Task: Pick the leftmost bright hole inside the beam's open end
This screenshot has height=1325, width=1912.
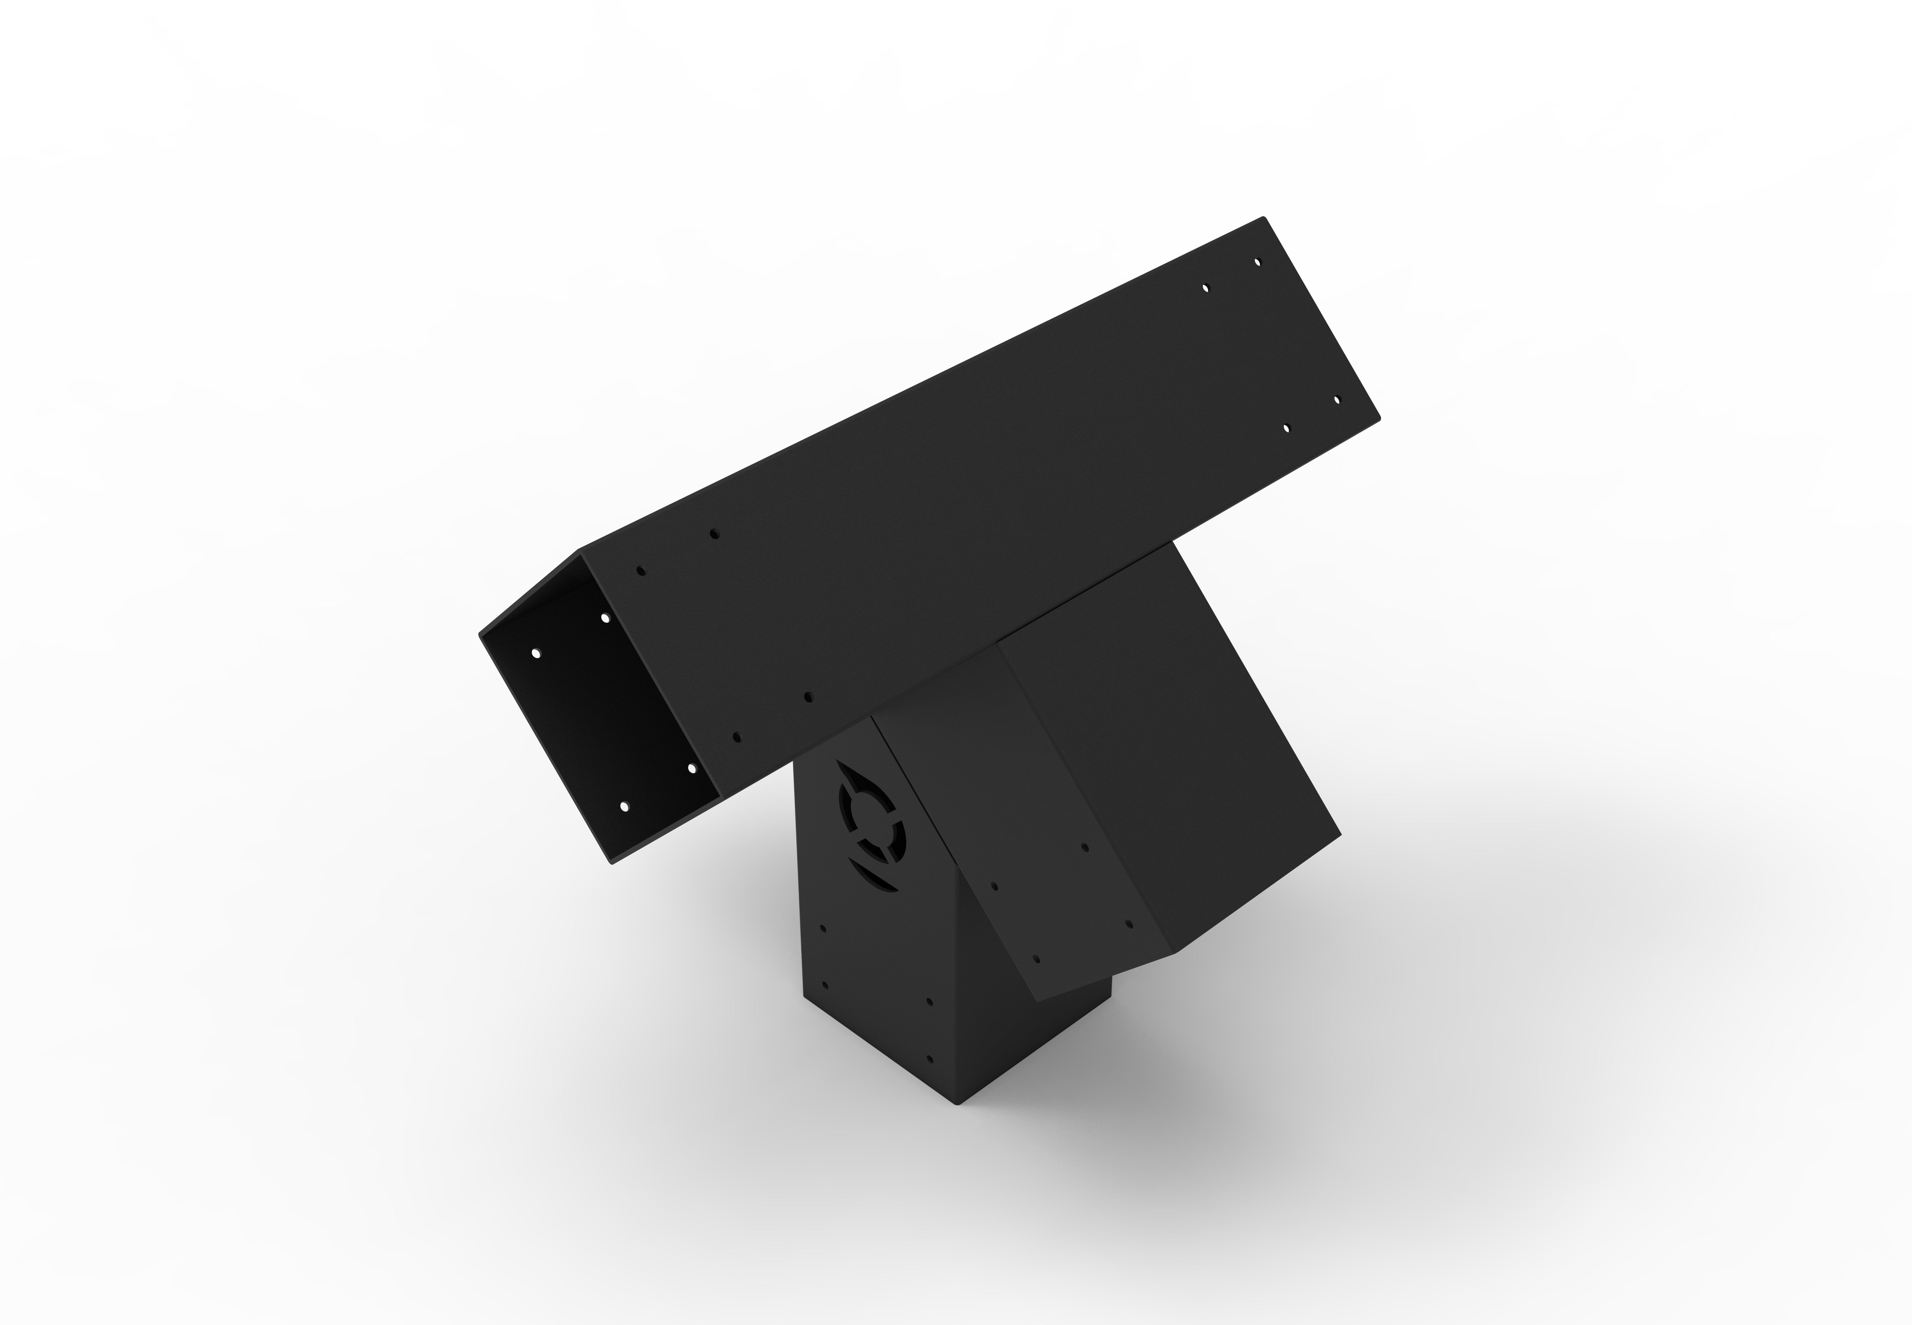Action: pos(535,653)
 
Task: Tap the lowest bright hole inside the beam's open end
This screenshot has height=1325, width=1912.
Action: pos(624,806)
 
